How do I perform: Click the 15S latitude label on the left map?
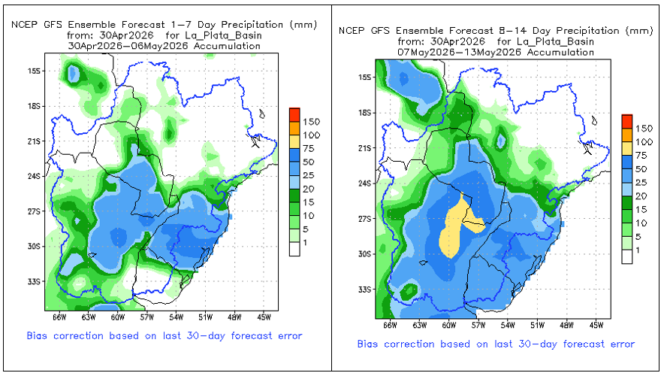[x=35, y=71]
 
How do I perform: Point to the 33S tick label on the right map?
[x=365, y=290]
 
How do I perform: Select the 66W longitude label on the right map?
[x=390, y=325]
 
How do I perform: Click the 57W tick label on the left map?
[x=147, y=317]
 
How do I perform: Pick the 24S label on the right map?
[x=365, y=183]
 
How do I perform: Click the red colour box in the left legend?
[x=294, y=114]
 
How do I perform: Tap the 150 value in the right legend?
[x=644, y=129]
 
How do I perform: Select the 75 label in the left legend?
[x=308, y=148]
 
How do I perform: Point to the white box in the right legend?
[x=626, y=257]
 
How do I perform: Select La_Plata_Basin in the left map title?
[x=223, y=35]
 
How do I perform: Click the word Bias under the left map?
[x=36, y=335]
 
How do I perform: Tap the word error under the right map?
[x=622, y=344]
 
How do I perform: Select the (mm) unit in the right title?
[x=639, y=31]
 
